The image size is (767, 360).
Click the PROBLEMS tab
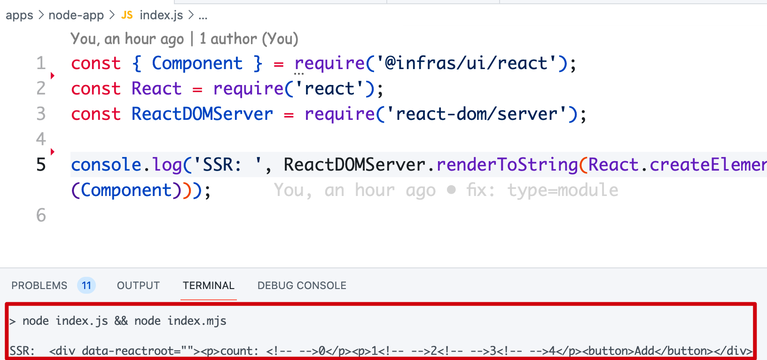click(39, 285)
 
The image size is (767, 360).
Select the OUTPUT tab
click(138, 285)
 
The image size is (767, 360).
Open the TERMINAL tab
click(209, 285)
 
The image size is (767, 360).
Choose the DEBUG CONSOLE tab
click(302, 285)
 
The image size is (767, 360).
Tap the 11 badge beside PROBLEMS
click(86, 285)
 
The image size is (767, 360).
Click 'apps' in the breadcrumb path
click(20, 15)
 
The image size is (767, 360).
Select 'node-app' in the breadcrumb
click(76, 15)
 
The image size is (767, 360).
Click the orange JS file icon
click(127, 15)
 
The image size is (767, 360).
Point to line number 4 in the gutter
click(41, 139)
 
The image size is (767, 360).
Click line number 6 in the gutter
click(41, 215)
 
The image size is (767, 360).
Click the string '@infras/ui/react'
click(466, 63)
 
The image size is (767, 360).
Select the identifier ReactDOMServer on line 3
click(203, 114)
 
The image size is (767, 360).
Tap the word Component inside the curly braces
click(197, 63)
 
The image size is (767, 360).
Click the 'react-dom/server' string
click(476, 114)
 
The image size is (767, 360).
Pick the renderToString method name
click(508, 165)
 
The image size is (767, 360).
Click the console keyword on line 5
click(106, 165)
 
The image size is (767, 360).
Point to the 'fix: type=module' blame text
click(542, 190)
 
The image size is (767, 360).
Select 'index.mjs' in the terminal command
click(197, 321)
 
